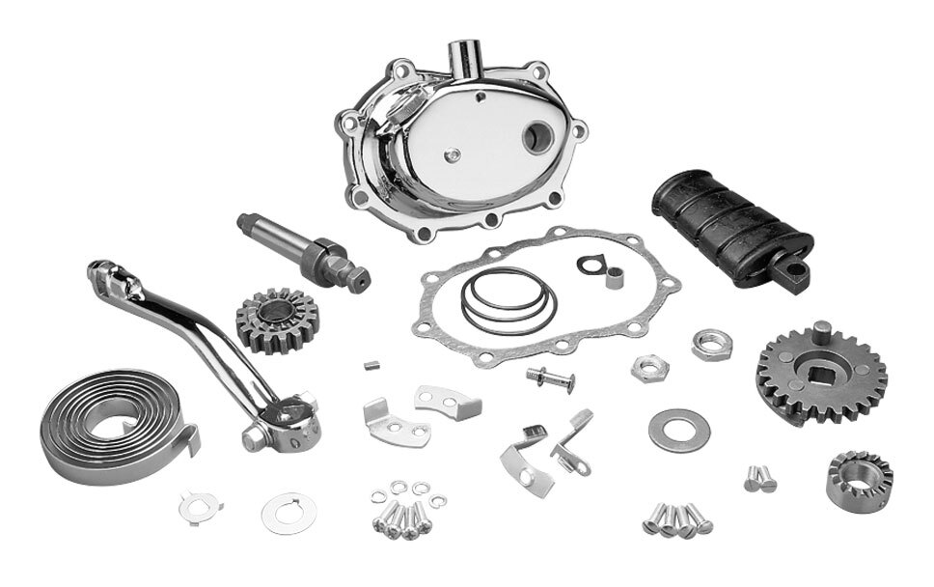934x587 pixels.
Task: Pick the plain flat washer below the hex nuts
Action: point(678,431)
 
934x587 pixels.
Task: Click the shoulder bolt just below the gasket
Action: point(551,377)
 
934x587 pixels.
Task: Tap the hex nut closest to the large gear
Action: point(711,344)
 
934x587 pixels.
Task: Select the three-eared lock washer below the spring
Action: point(198,505)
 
